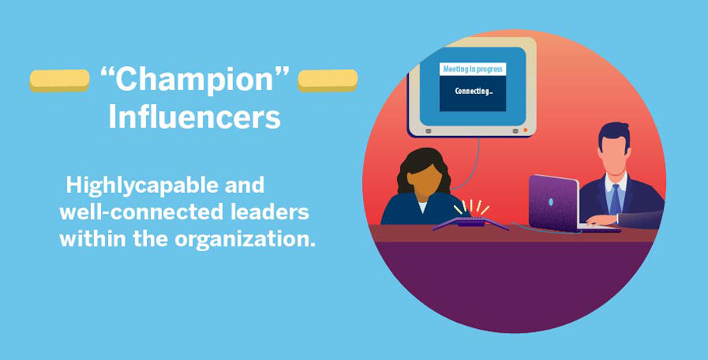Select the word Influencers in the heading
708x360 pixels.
point(194,117)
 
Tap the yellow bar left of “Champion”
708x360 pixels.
point(60,79)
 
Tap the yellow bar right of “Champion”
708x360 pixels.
point(328,79)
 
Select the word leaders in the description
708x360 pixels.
point(273,212)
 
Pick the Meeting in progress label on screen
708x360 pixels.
point(472,69)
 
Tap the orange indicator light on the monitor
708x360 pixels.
point(525,130)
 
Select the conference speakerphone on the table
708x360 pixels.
point(469,224)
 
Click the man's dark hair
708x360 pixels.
point(614,132)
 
